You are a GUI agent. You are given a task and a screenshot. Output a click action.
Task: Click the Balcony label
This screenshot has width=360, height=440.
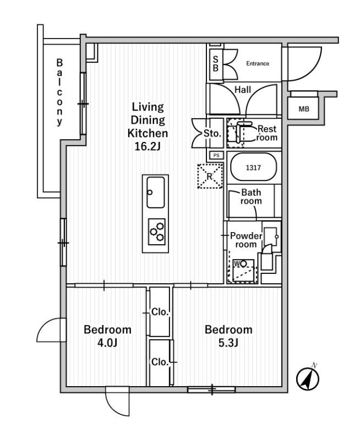tap(59, 93)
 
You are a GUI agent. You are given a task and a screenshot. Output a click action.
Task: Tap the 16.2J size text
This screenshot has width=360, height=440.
tap(148, 146)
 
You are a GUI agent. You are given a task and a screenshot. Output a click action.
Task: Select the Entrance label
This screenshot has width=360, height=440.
tap(258, 63)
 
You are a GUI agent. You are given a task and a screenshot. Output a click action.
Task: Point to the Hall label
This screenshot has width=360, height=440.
tap(242, 89)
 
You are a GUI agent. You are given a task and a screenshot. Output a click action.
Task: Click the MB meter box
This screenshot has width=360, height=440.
tap(304, 109)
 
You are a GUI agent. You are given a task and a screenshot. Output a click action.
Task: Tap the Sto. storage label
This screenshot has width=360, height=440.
tap(212, 133)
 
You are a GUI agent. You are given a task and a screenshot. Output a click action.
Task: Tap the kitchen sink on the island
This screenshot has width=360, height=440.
tap(156, 192)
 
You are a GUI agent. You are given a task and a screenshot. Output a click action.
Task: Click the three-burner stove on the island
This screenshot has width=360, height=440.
tap(157, 230)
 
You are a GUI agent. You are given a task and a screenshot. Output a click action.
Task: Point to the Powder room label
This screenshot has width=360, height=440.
tap(246, 240)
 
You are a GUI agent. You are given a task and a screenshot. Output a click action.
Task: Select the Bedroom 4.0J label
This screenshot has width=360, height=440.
tap(107, 336)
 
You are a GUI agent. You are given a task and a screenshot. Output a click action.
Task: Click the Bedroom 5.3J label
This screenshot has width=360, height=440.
tap(228, 336)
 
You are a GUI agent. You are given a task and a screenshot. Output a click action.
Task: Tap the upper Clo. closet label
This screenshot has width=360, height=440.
tap(160, 312)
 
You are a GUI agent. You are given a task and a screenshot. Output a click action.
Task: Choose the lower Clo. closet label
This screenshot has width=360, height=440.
tap(160, 362)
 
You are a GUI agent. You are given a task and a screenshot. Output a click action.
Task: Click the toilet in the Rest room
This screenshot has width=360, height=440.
tap(245, 133)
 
